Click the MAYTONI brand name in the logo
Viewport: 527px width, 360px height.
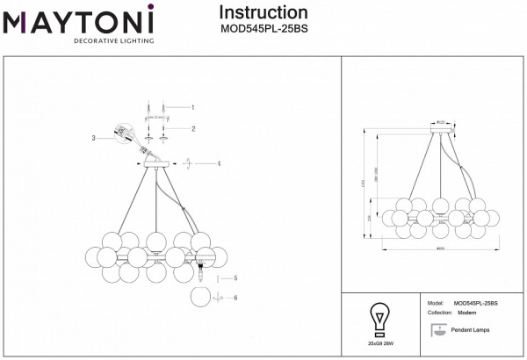pos(79,20)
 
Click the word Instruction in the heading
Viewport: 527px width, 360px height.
pos(263,12)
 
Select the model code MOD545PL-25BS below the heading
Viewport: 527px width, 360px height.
pos(263,28)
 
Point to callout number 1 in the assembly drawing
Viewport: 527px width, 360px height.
pos(192,107)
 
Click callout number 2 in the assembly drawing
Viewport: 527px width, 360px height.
pos(192,128)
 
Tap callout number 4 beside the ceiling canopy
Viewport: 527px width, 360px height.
pos(219,163)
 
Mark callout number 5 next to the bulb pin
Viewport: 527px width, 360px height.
pos(235,278)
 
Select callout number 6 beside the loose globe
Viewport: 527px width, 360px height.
pos(235,297)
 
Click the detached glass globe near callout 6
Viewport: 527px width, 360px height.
pos(201,297)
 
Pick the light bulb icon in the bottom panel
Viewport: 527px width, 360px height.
pos(380,317)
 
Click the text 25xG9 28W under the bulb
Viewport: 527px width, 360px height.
pos(380,344)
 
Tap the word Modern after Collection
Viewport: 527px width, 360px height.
pos(467,313)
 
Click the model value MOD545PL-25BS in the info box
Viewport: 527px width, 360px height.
pos(476,303)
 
